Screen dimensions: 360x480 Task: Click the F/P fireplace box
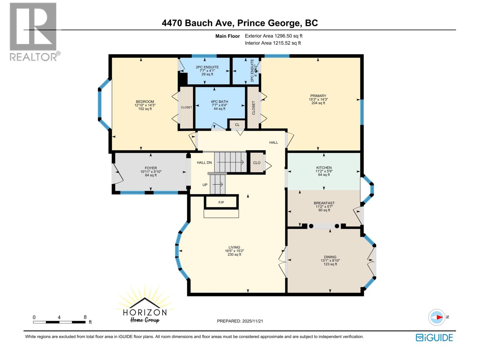pyautogui.click(x=221, y=202)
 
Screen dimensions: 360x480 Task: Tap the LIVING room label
pyautogui.click(x=234, y=247)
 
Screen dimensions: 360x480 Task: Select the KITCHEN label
pyautogui.click(x=324, y=168)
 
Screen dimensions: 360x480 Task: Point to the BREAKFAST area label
pyautogui.click(x=324, y=203)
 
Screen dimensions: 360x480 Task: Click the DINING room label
pyautogui.click(x=330, y=257)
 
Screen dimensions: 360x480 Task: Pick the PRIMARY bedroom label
pyautogui.click(x=318, y=96)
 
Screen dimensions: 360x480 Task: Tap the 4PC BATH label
pyautogui.click(x=219, y=102)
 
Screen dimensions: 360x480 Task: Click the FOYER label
pyautogui.click(x=151, y=168)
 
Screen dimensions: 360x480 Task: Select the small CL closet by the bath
pyautogui.click(x=237, y=125)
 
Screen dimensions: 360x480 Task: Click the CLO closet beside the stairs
pyautogui.click(x=257, y=163)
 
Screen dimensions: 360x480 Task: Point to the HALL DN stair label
pyautogui.click(x=204, y=163)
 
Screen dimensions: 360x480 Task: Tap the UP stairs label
pyautogui.click(x=205, y=185)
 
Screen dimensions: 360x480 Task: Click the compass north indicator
pyautogui.click(x=437, y=317)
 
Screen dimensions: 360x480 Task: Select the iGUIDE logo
pyautogui.click(x=434, y=337)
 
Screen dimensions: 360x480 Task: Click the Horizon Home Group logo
pyautogui.click(x=145, y=309)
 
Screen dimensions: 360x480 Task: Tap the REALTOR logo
pyautogui.click(x=34, y=31)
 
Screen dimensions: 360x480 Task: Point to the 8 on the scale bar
pyautogui.click(x=85, y=317)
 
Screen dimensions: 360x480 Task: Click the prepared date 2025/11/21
pyautogui.click(x=240, y=321)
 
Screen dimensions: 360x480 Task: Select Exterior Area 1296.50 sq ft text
pyautogui.click(x=274, y=36)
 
